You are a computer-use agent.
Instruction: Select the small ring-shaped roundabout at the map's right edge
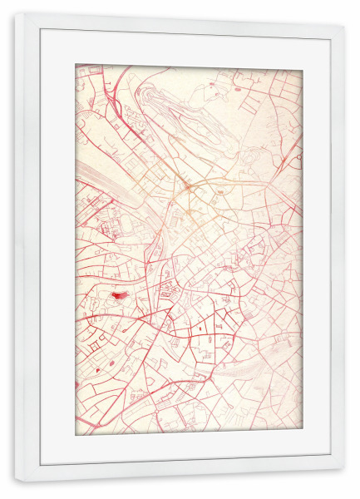click(298, 156)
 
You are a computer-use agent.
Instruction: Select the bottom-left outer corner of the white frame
click(15, 483)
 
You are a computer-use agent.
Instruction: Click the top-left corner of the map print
click(76, 65)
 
